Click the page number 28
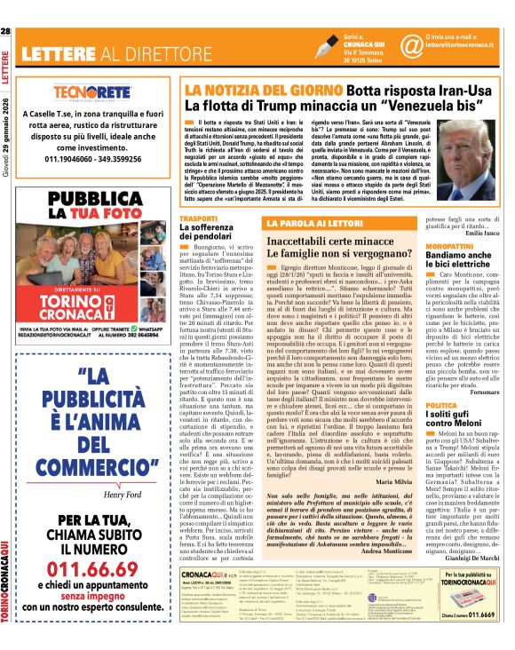[x=6, y=32]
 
